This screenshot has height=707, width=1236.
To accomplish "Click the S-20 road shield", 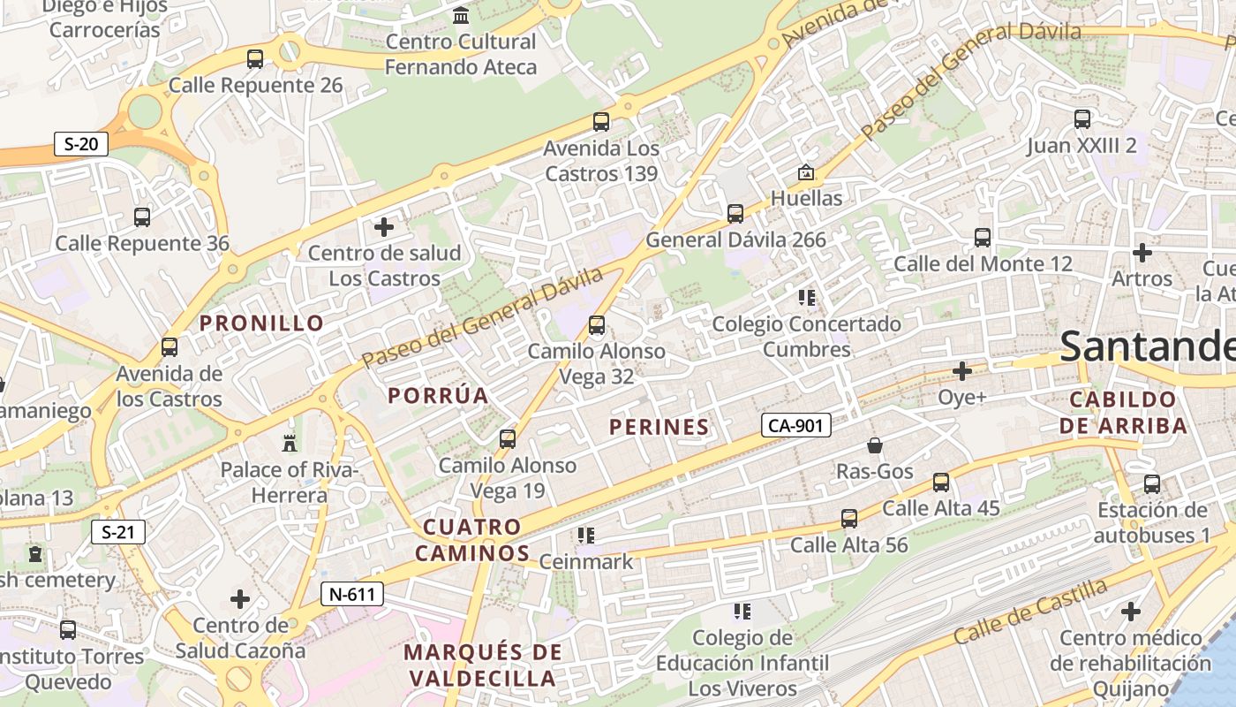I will (81, 143).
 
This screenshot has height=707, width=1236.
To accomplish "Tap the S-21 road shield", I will (118, 532).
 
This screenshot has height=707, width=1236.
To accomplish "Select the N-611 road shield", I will (351, 594).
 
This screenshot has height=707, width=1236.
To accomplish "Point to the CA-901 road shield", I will (795, 426).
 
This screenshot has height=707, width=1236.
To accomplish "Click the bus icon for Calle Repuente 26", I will (255, 59).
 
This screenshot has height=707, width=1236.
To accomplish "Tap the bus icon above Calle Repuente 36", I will (141, 217).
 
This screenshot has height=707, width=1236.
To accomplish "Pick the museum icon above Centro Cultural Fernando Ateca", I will (461, 16).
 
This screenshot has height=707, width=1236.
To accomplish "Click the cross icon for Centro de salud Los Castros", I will (384, 227).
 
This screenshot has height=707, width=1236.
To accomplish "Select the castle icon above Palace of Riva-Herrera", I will (289, 443).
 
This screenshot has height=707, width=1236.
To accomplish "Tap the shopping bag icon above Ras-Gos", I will (874, 445).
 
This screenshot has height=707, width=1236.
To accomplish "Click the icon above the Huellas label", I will (805, 172).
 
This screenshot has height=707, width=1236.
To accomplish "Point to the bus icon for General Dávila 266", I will (735, 213).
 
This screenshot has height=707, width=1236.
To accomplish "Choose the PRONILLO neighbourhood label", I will (262, 323).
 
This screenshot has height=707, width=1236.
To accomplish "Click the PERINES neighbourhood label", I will (659, 427).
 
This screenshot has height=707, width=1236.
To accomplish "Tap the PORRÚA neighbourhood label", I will (438, 395).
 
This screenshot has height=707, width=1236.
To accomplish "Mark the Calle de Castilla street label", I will (1030, 611).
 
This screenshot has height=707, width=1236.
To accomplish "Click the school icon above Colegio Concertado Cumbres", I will (806, 298).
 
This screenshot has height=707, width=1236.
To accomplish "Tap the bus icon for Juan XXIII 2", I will (1082, 119).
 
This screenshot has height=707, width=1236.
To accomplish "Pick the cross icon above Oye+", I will (962, 371).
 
